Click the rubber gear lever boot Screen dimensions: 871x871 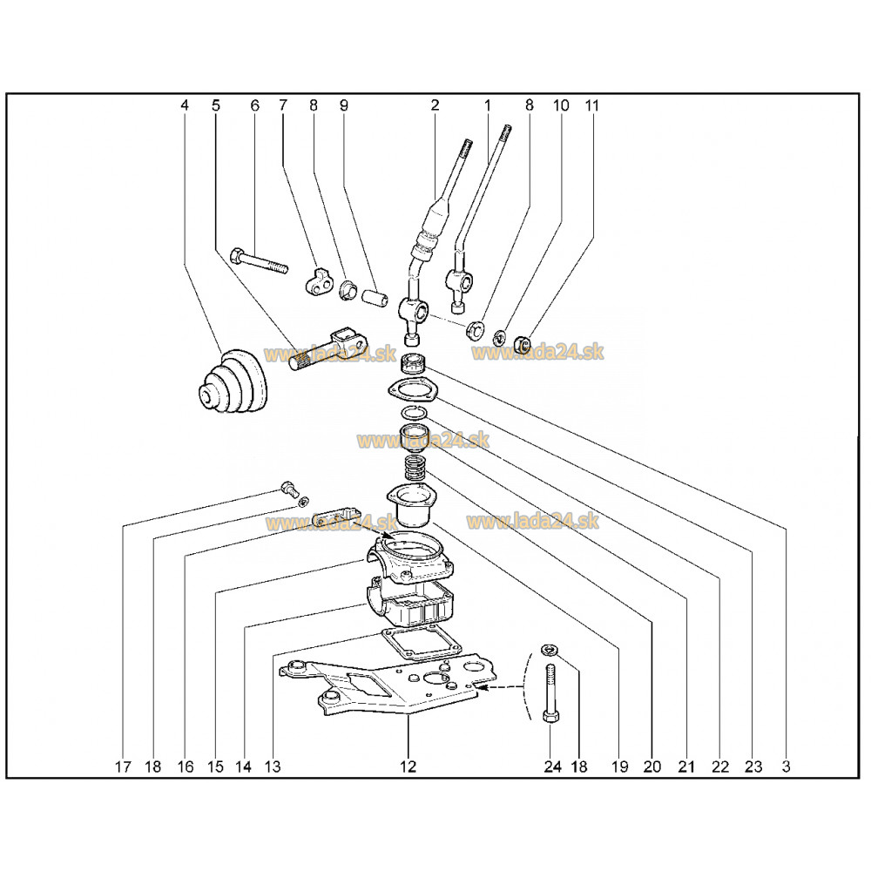(233, 382)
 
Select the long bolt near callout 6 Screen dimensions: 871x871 (259, 261)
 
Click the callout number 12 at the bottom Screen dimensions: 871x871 (408, 766)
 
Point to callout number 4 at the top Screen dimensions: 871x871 (185, 105)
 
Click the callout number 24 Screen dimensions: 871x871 (552, 766)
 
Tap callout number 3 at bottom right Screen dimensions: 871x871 (786, 766)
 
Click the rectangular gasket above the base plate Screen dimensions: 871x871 (421, 645)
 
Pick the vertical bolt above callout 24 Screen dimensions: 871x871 (550, 693)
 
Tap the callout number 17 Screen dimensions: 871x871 (123, 766)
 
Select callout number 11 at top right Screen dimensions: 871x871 (592, 105)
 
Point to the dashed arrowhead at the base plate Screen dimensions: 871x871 (481, 688)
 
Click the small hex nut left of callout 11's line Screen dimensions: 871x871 (521, 344)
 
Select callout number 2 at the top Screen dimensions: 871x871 (435, 105)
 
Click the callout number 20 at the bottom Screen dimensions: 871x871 (652, 766)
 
